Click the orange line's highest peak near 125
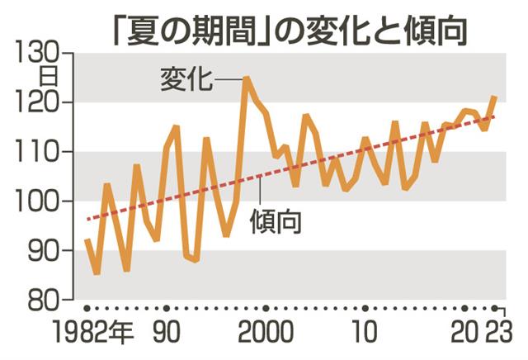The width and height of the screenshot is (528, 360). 246,78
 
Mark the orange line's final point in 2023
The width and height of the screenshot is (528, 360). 495,97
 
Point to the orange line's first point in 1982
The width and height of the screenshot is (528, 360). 87,240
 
